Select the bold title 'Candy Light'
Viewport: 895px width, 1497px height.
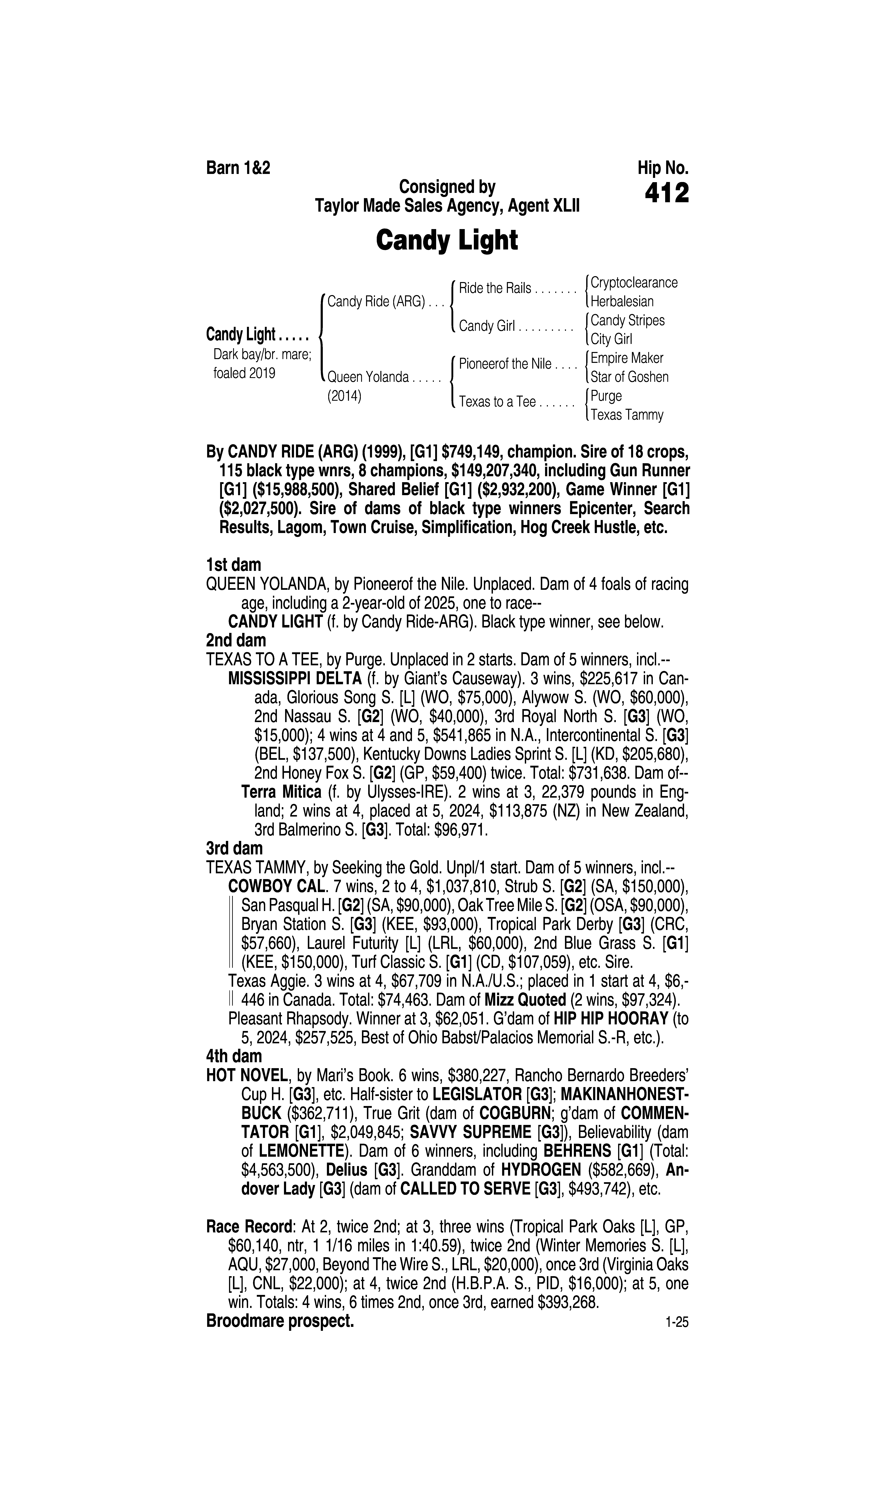[x=447, y=241]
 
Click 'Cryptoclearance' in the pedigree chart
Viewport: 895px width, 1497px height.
[x=634, y=283]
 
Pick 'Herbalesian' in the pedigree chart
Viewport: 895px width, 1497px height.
[x=622, y=302]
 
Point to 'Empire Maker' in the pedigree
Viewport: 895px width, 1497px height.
[x=627, y=358]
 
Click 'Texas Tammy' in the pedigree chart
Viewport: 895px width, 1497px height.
[x=627, y=415]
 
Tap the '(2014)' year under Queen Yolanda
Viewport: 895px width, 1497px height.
[x=344, y=397]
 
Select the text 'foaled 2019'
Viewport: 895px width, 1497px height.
[x=244, y=373]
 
